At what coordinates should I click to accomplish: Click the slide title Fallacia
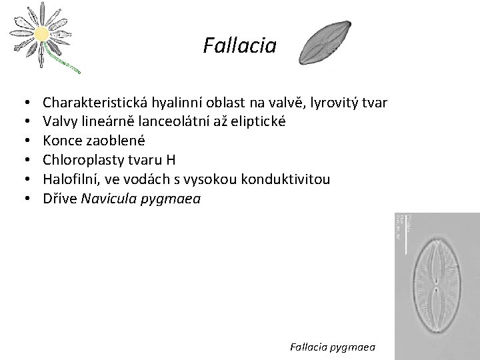pyautogui.click(x=239, y=46)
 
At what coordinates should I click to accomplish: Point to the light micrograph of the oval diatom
pyautogui.click(x=436, y=286)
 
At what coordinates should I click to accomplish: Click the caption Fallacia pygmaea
pyautogui.click(x=333, y=347)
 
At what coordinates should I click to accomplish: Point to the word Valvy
pyautogui.click(x=59, y=122)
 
